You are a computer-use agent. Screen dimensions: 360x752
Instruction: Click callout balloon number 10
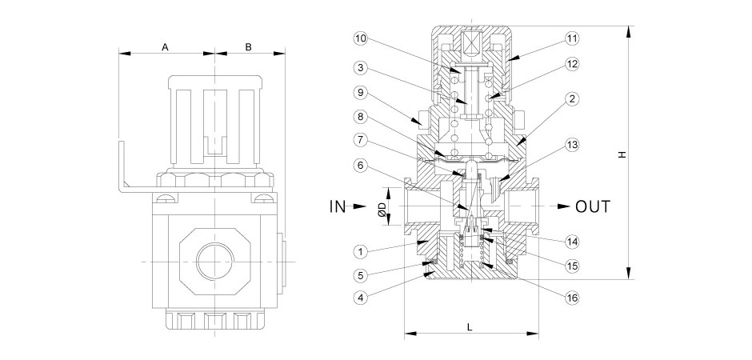(x=361, y=38)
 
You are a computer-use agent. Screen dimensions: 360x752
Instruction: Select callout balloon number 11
(x=571, y=38)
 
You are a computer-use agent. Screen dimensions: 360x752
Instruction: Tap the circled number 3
(x=361, y=67)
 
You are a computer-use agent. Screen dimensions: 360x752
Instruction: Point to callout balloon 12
(x=571, y=63)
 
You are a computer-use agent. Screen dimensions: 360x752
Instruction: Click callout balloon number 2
(x=571, y=98)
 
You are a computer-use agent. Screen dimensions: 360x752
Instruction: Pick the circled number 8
(x=361, y=117)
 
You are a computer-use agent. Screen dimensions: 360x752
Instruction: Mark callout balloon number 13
(x=571, y=145)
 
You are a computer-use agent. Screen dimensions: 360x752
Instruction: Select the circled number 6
(x=361, y=165)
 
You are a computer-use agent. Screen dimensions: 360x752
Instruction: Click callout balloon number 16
(x=571, y=298)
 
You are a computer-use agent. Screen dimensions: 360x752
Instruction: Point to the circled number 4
(x=361, y=298)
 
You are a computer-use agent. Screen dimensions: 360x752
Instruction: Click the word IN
(x=337, y=206)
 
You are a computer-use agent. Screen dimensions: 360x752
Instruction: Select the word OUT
(x=593, y=206)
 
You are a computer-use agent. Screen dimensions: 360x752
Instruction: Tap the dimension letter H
(x=622, y=154)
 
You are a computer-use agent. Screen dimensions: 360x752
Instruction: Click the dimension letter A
(x=165, y=47)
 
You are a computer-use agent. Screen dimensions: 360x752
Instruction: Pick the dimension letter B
(x=249, y=47)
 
